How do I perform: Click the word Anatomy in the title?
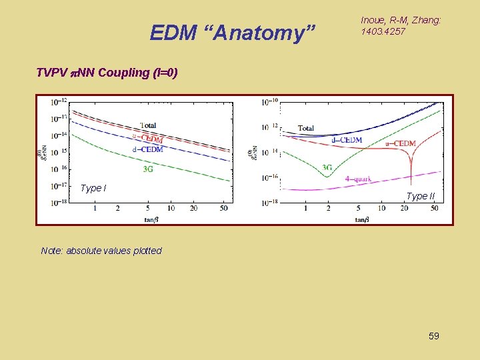tap(274, 32)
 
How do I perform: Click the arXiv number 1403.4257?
tap(383, 31)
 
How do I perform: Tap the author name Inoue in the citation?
tap(374, 21)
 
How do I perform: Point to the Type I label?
tap(93, 188)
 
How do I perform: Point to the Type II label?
tap(420, 196)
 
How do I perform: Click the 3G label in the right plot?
tap(327, 167)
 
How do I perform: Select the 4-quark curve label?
tap(358, 179)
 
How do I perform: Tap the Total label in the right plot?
tap(306, 128)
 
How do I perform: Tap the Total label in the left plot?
tap(149, 125)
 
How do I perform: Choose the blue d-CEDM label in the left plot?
tap(147, 150)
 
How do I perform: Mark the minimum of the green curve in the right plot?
tap(326, 176)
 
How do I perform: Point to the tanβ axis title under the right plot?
tap(362, 219)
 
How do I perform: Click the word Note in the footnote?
tap(51, 251)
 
